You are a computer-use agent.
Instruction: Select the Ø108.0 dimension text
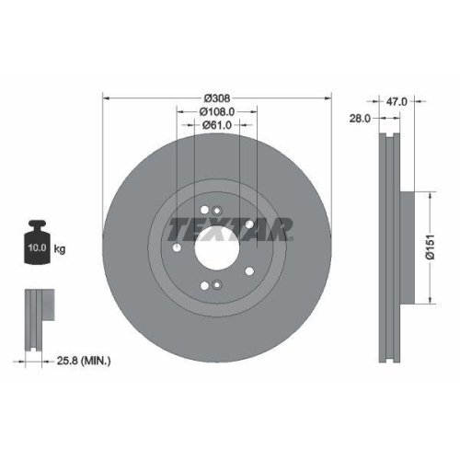pyautogui.click(x=218, y=111)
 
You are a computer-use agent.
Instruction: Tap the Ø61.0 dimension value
pyautogui.click(x=217, y=125)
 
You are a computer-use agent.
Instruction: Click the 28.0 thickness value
pyautogui.click(x=360, y=118)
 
